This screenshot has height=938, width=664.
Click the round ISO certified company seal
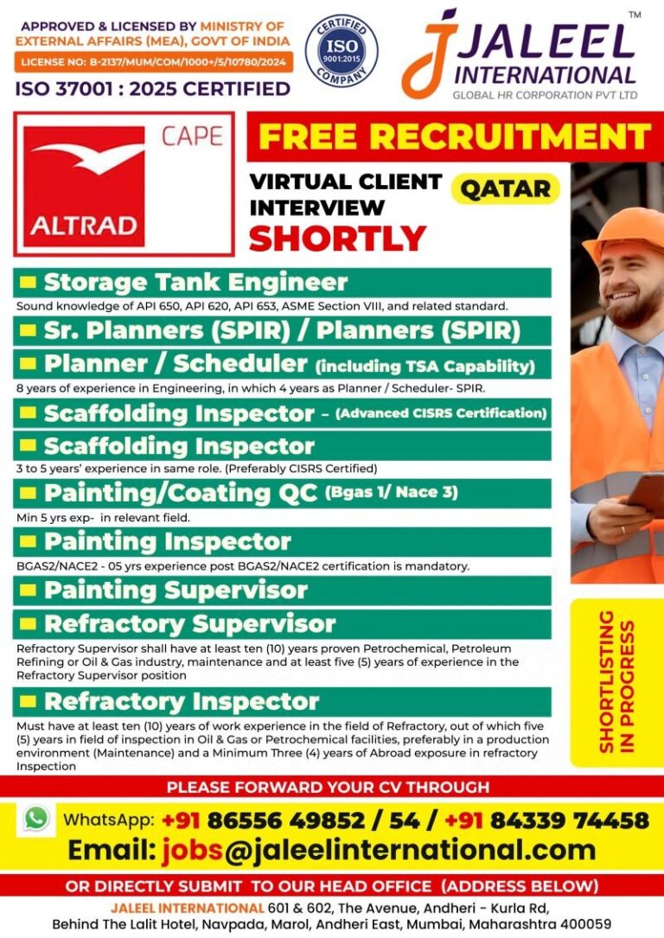341,50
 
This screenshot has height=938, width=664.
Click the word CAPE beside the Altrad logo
191,137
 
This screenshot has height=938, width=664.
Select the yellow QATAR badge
506,188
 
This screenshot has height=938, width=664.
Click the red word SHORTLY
338,237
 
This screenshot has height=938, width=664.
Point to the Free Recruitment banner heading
455,136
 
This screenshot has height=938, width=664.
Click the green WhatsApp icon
37,818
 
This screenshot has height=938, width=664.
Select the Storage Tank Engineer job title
195,282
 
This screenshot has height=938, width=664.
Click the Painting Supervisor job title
176,590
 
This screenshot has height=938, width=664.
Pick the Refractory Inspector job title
182,700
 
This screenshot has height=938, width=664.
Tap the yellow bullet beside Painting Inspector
29,542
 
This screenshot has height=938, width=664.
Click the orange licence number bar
153,61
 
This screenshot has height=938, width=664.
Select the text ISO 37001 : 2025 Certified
152,88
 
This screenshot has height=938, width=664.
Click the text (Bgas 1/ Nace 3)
391,493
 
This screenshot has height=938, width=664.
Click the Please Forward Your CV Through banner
328,787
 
